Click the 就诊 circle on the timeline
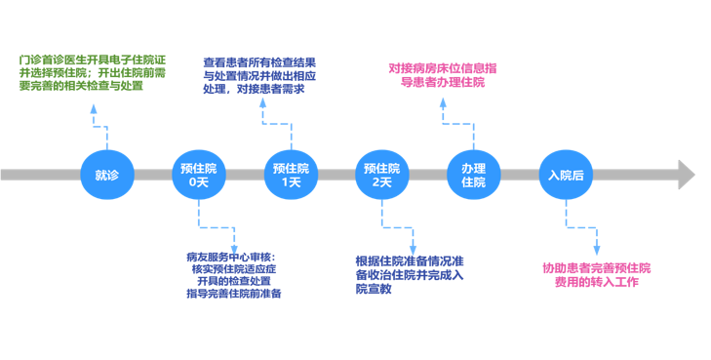(106, 176)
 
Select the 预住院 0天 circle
(199, 176)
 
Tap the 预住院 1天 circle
(292, 176)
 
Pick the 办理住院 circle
(473, 176)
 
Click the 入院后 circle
(567, 176)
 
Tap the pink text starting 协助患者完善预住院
(597, 274)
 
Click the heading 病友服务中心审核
(231, 256)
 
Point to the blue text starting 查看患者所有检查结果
(258, 74)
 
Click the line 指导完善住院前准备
(233, 294)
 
